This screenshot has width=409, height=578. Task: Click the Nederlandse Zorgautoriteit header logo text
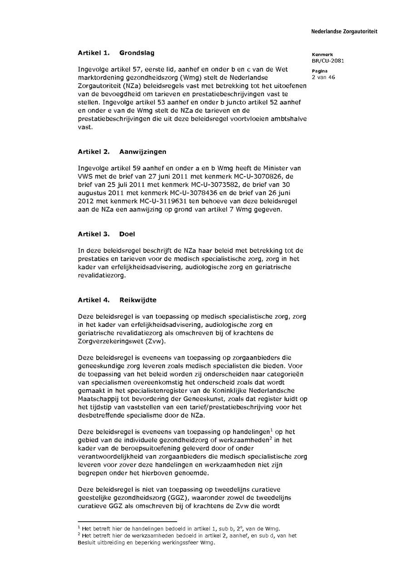click(344, 32)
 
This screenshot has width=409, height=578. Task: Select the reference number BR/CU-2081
click(328, 60)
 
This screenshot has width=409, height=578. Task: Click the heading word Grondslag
click(137, 53)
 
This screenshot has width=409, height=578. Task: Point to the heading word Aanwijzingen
click(143, 152)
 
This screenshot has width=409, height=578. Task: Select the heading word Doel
click(127, 234)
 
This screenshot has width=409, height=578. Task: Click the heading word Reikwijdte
click(138, 300)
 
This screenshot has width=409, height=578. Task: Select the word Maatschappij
click(99, 398)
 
